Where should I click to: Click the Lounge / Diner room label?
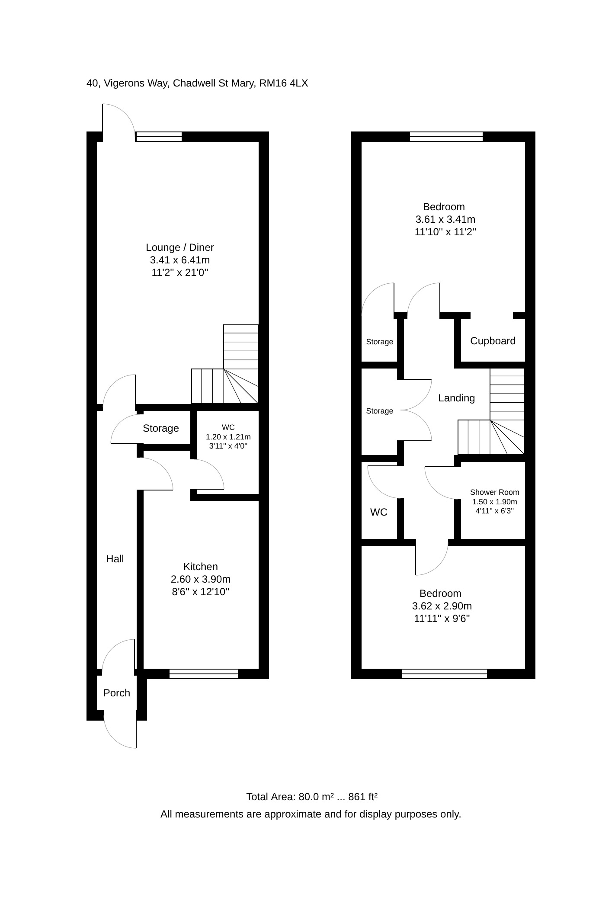point(180,247)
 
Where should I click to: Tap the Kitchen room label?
point(201,567)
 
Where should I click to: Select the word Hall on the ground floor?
point(115,559)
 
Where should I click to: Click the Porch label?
point(117,693)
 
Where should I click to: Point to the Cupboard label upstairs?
point(493,341)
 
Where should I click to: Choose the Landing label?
point(457,398)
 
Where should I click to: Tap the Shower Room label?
point(495,492)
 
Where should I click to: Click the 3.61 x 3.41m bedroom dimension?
point(445,219)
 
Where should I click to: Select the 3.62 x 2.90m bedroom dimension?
point(442,606)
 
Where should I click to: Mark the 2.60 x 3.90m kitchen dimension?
point(201,579)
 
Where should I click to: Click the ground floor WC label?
point(228,427)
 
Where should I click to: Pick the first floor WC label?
point(379,512)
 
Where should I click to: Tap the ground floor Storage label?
point(161,428)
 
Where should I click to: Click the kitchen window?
point(204,673)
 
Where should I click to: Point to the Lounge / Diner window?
point(158,137)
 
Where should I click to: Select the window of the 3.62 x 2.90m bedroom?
point(445,673)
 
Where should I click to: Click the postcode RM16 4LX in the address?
point(284,83)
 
